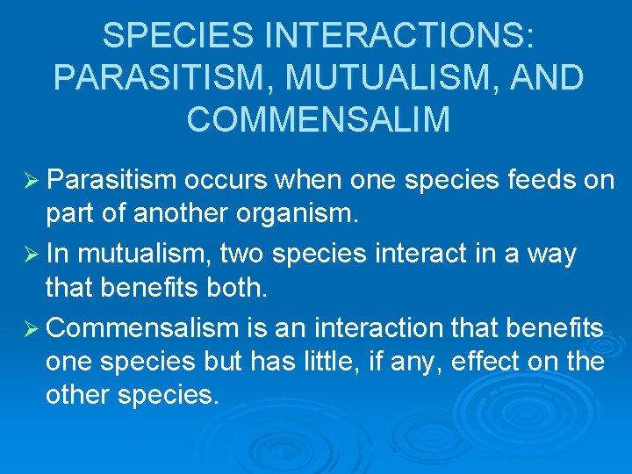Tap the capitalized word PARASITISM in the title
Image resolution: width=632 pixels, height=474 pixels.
click(x=158, y=77)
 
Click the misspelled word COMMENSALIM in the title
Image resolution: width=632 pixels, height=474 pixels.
click(x=318, y=119)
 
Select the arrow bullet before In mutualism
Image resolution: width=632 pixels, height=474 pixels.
click(x=29, y=254)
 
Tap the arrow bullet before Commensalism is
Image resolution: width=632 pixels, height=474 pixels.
click(x=29, y=328)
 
